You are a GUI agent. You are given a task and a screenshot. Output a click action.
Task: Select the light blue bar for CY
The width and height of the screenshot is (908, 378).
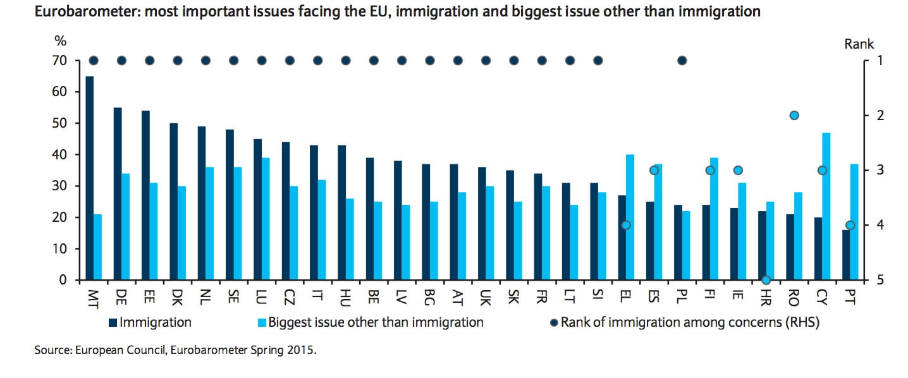coord(826,206)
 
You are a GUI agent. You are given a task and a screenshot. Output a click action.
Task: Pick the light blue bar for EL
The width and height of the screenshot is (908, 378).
coord(630,217)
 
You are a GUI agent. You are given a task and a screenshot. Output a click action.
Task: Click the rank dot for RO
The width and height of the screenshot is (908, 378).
coord(794,115)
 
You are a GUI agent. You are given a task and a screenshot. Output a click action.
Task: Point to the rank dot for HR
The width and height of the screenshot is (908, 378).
coord(766,280)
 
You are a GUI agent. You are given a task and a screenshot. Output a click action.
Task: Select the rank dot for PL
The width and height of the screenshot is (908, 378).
coord(682,61)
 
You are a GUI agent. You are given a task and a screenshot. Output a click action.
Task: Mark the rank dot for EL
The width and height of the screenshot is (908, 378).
coord(626,225)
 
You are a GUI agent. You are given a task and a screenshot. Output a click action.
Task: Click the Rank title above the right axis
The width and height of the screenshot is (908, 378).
coord(859,44)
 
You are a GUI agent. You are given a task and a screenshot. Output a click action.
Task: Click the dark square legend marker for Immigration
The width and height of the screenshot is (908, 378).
coord(113,323)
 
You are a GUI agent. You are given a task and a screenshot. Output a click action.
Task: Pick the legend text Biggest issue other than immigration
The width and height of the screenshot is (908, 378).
coord(376,322)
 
